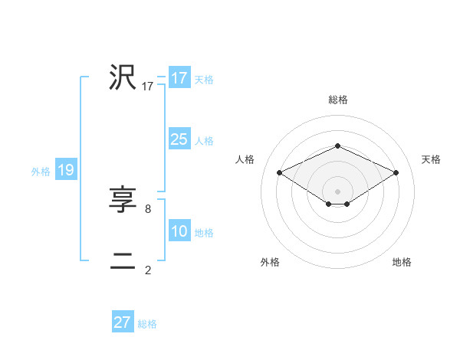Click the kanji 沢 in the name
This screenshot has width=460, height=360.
click(123, 77)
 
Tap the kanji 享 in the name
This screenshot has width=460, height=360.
click(123, 201)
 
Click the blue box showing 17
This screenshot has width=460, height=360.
click(179, 78)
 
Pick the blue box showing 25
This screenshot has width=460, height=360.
click(179, 139)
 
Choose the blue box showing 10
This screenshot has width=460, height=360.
click(179, 231)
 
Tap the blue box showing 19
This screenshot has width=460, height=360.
click(66, 170)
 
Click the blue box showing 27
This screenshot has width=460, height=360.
click(123, 322)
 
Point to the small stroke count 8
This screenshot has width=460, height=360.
click(147, 208)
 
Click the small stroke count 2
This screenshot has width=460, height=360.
click(147, 270)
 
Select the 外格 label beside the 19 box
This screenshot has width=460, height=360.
click(41, 172)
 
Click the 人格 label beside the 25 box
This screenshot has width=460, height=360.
click(204, 141)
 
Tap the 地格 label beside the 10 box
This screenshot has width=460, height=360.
click(204, 233)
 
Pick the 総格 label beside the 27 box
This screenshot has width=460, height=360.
click(147, 324)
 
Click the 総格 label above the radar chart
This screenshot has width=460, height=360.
click(337, 100)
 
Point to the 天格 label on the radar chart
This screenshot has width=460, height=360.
click(431, 159)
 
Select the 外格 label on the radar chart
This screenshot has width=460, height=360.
click(270, 262)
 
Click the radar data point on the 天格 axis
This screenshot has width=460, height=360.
click(396, 172)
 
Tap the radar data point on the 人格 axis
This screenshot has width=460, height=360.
click(279, 172)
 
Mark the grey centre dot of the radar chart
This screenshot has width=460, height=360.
click(337, 191)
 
